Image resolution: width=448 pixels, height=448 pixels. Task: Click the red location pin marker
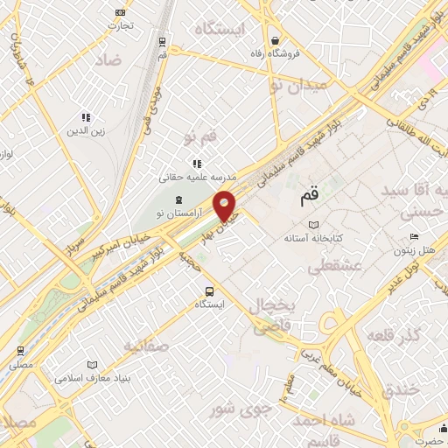(225, 206)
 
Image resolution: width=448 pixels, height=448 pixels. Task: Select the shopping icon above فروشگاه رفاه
(275, 40)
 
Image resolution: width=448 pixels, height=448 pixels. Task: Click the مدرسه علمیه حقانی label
(187, 176)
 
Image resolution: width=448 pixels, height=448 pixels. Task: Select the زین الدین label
(86, 131)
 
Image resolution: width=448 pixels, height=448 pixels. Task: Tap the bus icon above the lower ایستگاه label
(208, 290)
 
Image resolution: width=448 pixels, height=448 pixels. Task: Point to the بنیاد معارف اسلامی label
(92, 379)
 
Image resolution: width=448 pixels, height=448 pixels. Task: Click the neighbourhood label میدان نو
(299, 85)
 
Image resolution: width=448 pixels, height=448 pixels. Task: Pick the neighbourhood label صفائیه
(144, 346)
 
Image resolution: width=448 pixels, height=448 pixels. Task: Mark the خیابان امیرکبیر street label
(121, 251)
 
